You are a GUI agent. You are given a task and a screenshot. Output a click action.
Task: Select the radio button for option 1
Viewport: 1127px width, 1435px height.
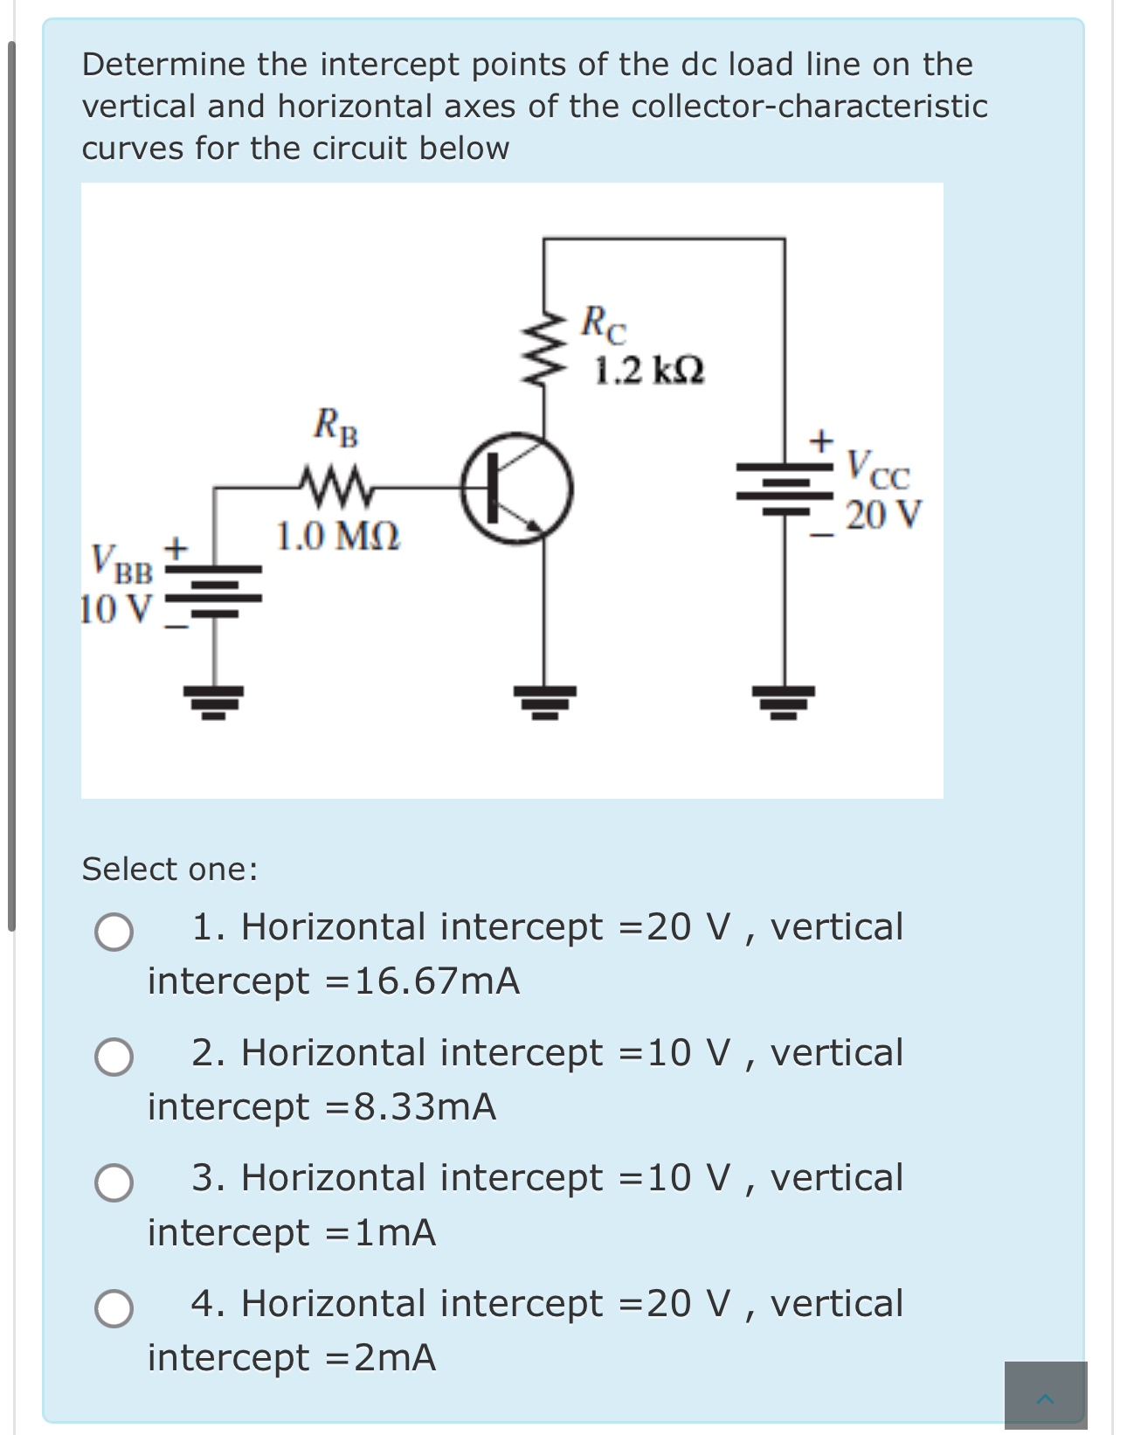[x=114, y=932]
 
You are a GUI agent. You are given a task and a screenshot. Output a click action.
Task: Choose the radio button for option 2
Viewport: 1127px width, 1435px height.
[x=114, y=1057]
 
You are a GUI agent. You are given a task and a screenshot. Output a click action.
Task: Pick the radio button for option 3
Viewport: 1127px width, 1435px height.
[x=114, y=1183]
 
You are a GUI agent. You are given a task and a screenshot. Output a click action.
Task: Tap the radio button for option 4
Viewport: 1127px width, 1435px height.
[x=114, y=1308]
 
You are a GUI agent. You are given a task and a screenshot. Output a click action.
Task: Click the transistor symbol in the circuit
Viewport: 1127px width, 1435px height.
[x=517, y=489]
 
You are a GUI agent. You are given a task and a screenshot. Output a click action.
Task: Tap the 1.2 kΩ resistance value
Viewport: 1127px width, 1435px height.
[x=649, y=371]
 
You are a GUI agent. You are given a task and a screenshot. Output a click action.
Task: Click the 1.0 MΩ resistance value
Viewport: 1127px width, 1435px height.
[x=338, y=536]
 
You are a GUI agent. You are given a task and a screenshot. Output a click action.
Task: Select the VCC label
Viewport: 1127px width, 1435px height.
[x=878, y=471]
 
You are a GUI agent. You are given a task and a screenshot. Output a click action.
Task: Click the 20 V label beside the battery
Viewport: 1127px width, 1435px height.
[x=883, y=515]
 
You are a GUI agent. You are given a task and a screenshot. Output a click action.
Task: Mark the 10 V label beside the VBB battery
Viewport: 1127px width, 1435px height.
[x=116, y=608]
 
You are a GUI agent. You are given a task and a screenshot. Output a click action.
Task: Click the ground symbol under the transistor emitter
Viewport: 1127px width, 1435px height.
[x=544, y=700]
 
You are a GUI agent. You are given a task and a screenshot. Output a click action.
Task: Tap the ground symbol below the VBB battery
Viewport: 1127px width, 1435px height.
[x=214, y=700]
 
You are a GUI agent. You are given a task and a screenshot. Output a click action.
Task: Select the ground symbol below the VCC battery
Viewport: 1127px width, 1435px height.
[x=784, y=700]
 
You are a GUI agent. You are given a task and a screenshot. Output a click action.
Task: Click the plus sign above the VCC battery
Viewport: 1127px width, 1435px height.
[x=820, y=440]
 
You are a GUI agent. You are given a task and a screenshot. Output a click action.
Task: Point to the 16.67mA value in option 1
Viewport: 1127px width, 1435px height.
[x=437, y=981]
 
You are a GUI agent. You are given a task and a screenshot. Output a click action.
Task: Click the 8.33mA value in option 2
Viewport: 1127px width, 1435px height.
[x=425, y=1107]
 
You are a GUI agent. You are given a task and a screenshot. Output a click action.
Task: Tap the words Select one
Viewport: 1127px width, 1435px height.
[x=169, y=869]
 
